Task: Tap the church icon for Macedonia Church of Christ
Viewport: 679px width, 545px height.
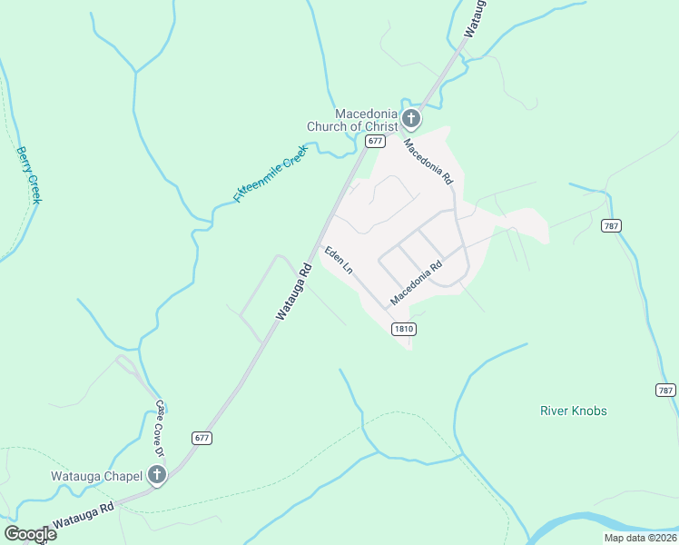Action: coord(411,118)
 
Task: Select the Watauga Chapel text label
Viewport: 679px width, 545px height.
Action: coord(96,475)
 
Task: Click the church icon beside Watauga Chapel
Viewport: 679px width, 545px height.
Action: coord(157,475)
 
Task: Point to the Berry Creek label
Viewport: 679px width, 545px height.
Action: coord(29,174)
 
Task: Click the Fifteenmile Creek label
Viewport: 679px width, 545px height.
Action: coord(271,173)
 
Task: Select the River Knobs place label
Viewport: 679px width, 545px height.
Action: coord(574,411)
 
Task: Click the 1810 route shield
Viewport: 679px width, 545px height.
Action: coord(404,329)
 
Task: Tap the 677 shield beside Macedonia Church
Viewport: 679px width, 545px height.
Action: coord(375,142)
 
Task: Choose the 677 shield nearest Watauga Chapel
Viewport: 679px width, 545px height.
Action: coord(202,437)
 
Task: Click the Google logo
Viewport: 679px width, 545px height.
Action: coord(30,534)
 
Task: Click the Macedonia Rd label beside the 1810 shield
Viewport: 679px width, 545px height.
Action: coord(416,283)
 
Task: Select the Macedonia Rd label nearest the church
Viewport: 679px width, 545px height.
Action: coord(428,162)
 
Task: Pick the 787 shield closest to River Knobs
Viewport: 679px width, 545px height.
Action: coord(664,390)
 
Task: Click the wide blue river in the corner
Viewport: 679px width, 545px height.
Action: coord(599,524)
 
